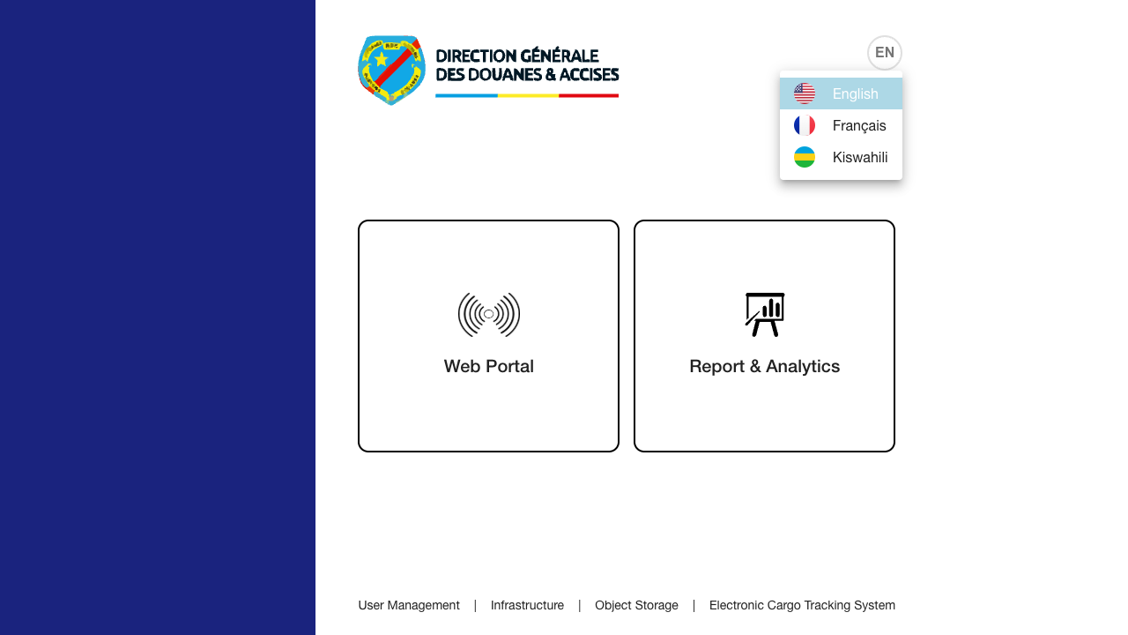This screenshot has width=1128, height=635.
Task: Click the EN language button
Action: pos(885,53)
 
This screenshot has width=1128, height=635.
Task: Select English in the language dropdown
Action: pos(855,93)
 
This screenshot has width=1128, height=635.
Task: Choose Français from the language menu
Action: pos(858,125)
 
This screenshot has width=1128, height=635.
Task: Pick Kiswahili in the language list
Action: pos(859,157)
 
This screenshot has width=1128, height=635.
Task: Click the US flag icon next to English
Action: pos(805,93)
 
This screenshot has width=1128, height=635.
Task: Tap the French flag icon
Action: pos(805,125)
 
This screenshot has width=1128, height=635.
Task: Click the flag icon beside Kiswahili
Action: pos(805,157)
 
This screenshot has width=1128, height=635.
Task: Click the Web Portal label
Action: pos(488,366)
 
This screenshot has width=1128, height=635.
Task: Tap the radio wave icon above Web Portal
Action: pos(488,315)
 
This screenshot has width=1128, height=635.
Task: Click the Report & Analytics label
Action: pos(764,366)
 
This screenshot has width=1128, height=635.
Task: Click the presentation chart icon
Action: pos(764,315)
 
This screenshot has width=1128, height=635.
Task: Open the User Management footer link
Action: pos(409,605)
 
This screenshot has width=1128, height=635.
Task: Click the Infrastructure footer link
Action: pos(527,605)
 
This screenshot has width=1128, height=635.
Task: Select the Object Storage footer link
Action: pos(636,605)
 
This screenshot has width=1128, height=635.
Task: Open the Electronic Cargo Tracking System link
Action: pos(802,605)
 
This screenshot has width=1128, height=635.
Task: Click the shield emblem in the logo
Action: pos(391,70)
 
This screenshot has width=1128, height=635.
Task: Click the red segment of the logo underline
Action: pos(588,95)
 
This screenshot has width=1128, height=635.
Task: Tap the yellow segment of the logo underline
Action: pos(527,95)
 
